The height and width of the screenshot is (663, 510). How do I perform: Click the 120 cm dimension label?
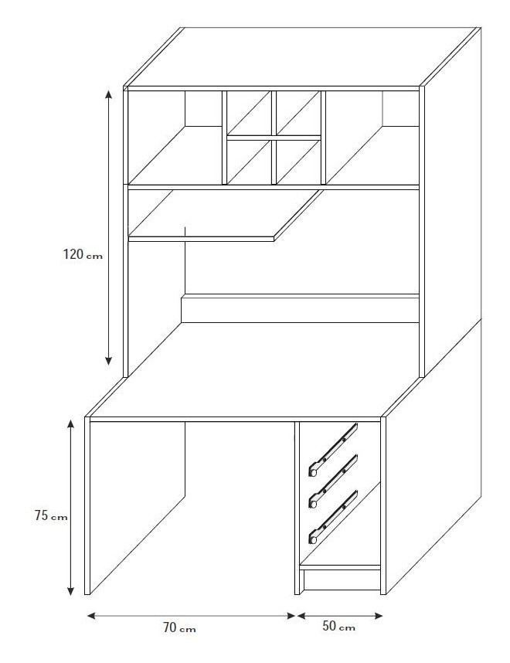83,254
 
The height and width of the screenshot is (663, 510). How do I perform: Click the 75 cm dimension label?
51,516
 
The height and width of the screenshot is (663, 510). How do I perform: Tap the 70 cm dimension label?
179,628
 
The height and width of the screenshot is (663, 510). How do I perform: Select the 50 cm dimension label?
338,626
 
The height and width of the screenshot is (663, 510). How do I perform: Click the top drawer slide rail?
334,450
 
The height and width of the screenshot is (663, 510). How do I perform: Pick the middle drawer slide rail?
334,481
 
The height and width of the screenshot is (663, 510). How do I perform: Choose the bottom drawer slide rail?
334,517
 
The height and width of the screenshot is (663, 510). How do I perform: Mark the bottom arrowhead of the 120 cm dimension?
109,360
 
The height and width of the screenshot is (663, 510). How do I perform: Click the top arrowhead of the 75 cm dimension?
71,424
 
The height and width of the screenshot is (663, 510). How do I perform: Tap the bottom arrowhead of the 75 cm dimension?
71,590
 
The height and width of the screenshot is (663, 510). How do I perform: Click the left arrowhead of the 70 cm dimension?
92,616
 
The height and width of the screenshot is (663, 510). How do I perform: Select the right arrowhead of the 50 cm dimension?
378,616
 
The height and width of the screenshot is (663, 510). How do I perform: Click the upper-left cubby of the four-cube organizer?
249,113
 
